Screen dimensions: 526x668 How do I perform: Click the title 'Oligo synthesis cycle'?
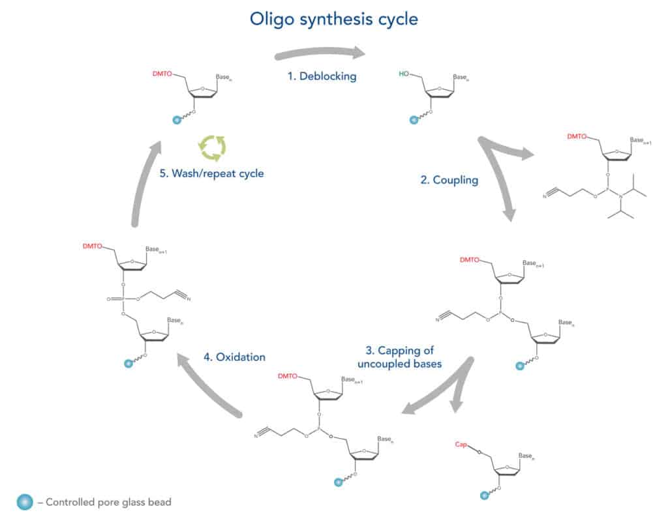pos(333,20)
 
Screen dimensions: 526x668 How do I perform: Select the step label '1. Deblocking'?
pos(322,76)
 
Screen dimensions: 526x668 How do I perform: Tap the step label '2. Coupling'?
pos(449,181)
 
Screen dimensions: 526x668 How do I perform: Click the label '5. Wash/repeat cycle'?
pos(212,174)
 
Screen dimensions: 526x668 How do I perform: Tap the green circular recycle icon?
pos(213,147)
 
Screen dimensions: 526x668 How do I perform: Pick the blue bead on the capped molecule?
pos(485,496)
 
